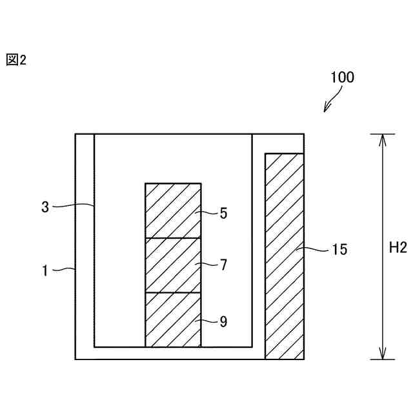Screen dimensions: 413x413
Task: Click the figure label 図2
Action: click(x=16, y=61)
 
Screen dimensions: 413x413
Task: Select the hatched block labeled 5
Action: click(x=172, y=210)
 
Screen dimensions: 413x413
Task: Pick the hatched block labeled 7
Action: click(x=172, y=265)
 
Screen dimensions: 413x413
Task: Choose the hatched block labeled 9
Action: click(x=172, y=319)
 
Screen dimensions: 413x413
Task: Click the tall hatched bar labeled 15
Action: click(x=284, y=256)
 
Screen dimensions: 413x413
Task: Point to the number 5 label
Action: click(x=223, y=213)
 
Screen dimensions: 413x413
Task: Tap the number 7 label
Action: click(x=223, y=265)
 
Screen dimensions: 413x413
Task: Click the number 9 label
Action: click(x=223, y=321)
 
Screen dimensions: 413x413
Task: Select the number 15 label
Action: click(x=339, y=250)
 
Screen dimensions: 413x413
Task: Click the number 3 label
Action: click(x=45, y=207)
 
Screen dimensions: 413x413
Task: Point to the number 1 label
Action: click(x=45, y=271)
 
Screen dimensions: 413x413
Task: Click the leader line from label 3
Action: click(x=72, y=206)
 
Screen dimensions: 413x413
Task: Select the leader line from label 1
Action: click(x=63, y=270)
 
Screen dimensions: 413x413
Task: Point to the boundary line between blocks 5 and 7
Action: click(x=172, y=238)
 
